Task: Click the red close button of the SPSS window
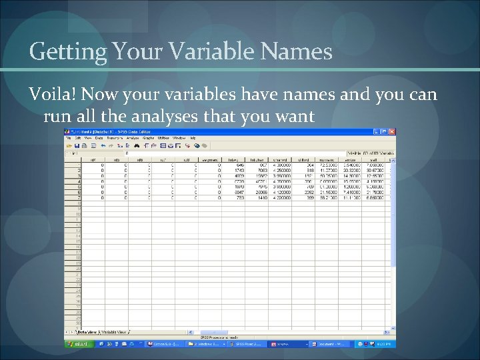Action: click(391, 133)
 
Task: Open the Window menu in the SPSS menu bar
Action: click(179, 139)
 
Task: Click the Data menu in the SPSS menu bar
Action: click(99, 139)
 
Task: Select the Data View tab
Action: click(88, 331)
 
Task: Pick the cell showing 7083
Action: click(262, 170)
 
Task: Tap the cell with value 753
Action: click(238, 198)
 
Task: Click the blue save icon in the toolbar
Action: click(77, 145)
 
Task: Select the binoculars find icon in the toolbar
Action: click(137, 145)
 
